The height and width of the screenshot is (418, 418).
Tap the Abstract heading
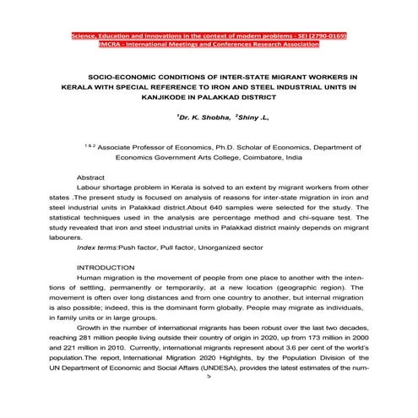90,179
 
